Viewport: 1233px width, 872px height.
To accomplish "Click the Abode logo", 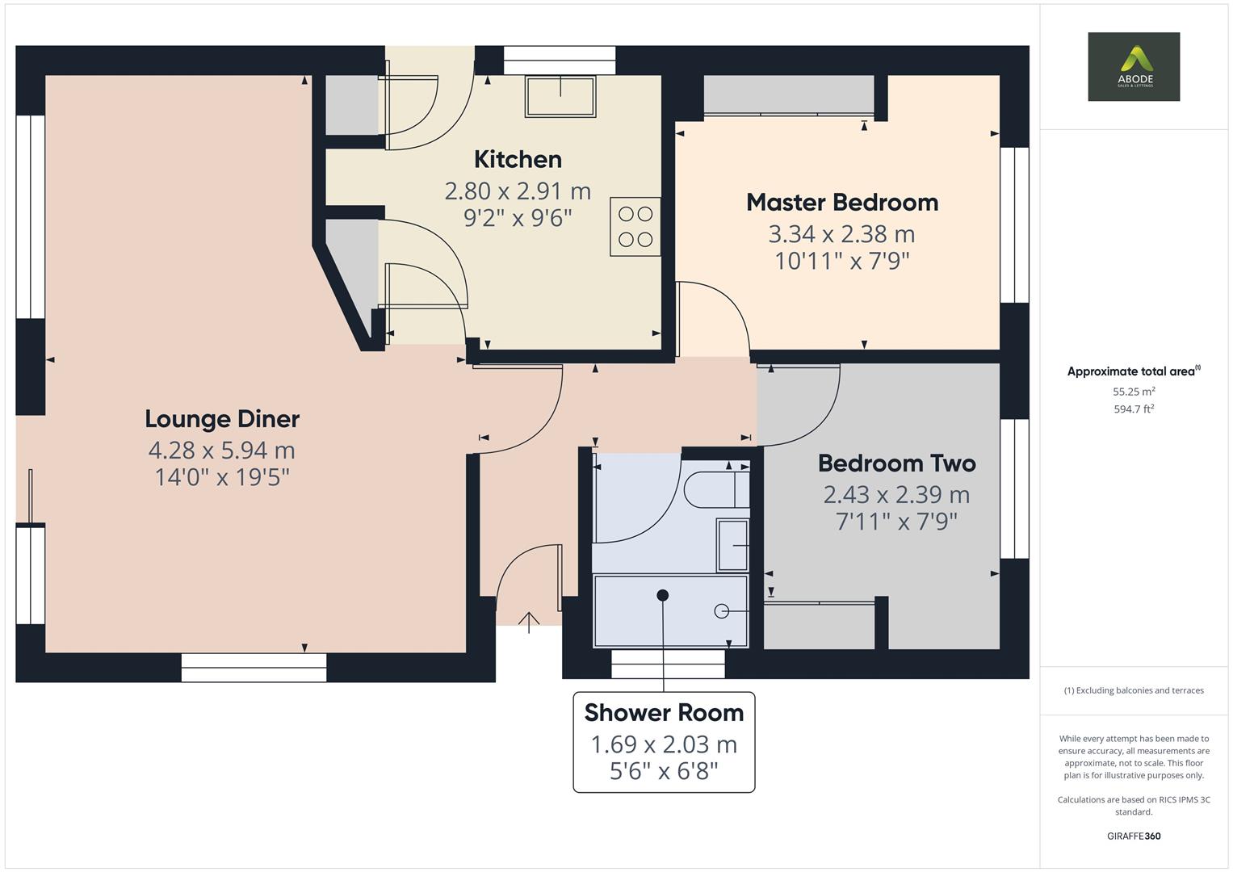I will (x=1133, y=66).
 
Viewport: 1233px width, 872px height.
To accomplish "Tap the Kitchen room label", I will (x=518, y=159).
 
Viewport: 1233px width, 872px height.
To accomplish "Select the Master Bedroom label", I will (x=841, y=202).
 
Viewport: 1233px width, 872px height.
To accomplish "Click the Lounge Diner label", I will (x=222, y=418).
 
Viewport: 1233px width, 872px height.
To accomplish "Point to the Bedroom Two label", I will (x=896, y=463).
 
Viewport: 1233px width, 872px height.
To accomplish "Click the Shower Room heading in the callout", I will (x=664, y=712).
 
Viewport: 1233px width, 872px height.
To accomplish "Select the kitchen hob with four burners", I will (x=635, y=227).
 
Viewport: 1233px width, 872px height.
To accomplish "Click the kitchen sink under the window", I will (x=560, y=96).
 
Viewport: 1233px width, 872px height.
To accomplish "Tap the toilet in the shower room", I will (x=715, y=489).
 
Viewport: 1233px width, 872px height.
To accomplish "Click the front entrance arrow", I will (x=529, y=621).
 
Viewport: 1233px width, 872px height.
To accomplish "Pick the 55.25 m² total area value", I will (x=1134, y=392).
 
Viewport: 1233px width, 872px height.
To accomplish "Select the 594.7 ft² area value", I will (x=1134, y=409).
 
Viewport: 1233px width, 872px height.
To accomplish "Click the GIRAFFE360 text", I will (x=1134, y=836).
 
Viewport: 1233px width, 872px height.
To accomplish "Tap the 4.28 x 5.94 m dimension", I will (x=222, y=450).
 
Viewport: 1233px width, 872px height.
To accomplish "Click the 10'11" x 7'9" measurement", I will (x=841, y=261).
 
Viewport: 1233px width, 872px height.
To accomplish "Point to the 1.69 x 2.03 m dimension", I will (x=664, y=744).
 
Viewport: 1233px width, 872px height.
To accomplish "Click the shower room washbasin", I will (x=732, y=545).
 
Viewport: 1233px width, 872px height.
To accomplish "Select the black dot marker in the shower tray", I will (x=663, y=595).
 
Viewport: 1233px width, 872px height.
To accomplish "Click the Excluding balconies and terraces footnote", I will (x=1134, y=690).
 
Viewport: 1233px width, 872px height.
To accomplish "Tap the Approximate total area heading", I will (x=1132, y=371).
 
